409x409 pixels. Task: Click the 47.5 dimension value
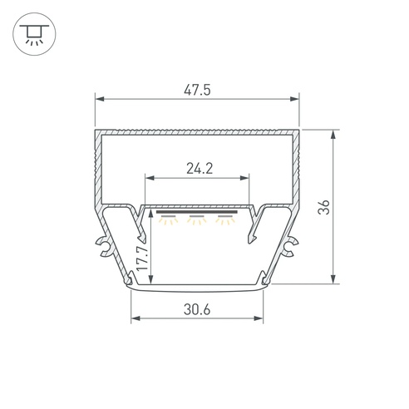(x=197, y=91)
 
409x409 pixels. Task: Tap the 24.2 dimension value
(x=200, y=169)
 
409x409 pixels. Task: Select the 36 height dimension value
(x=323, y=207)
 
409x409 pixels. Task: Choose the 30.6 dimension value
(x=197, y=309)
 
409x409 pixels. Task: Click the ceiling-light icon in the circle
(x=34, y=35)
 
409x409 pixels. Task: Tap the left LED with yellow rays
(x=168, y=219)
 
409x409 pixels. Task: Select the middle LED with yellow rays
(x=196, y=219)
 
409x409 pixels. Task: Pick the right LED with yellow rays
(x=225, y=219)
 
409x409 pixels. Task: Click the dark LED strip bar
(x=197, y=212)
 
